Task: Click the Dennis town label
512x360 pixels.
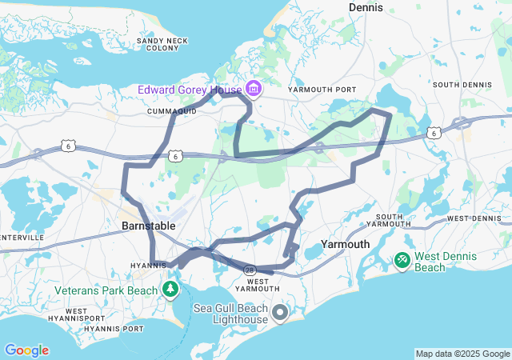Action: pos(366,7)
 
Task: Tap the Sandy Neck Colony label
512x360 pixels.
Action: pos(157,44)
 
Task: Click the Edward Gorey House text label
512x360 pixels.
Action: pos(190,89)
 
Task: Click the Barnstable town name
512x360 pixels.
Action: pos(148,226)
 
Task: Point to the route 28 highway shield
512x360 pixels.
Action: pos(250,270)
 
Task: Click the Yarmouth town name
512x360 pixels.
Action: pos(345,244)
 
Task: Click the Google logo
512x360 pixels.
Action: pos(26,350)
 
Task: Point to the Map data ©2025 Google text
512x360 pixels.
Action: pos(462,354)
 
